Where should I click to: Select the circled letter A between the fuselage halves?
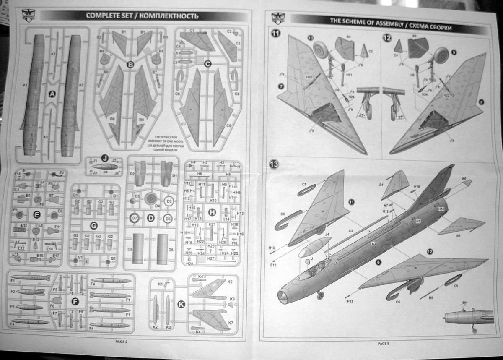coord(52,94)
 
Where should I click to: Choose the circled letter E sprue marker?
coord(36,215)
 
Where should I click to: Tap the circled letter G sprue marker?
coord(94,226)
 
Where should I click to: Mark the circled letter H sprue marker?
coord(213,213)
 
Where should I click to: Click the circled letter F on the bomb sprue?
coord(75,301)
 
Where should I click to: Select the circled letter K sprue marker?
coord(181,305)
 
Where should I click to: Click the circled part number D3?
coord(169,201)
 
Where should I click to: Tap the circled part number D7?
coord(134,218)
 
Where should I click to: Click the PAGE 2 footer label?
coord(121,341)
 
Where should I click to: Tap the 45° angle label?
coord(464,303)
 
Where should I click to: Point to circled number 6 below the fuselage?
coord(379,262)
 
